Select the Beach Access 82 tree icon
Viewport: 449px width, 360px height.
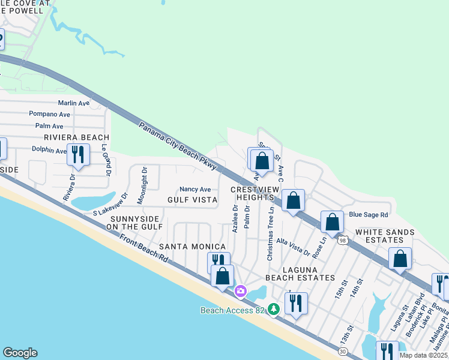[274, 309]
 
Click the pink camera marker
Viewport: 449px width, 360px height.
[241, 291]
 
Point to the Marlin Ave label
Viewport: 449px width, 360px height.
[73, 103]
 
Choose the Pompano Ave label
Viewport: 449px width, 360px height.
[50, 114]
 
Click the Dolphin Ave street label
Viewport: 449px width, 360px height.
[49, 151]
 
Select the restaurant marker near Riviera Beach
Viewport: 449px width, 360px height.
[79, 155]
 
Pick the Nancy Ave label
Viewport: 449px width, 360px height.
[195, 189]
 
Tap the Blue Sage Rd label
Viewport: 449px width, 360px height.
[369, 214]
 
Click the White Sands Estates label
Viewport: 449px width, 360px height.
[385, 236]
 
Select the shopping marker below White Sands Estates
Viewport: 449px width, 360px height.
[400, 259]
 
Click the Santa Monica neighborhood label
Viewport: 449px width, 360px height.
[192, 247]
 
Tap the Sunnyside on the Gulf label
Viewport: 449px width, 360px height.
[134, 223]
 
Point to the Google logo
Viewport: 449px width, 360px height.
[20, 353]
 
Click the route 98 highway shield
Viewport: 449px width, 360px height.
[342, 240]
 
